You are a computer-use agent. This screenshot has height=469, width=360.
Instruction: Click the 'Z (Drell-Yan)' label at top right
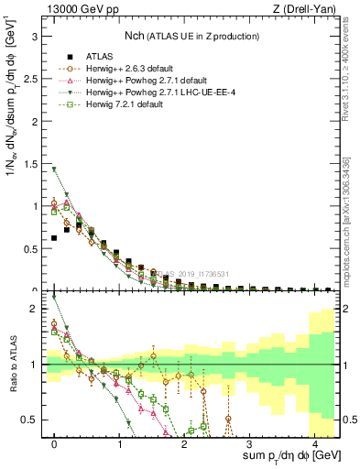[x=307, y=8]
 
